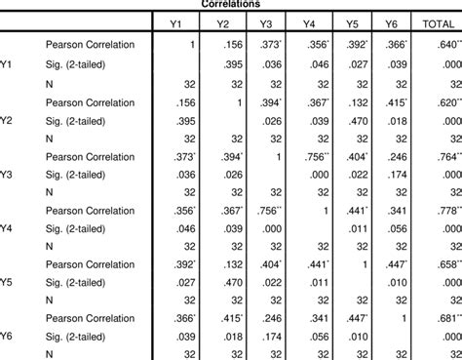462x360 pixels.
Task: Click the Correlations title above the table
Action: point(230,4)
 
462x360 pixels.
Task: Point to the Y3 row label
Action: point(7,175)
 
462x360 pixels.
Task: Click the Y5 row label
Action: point(7,284)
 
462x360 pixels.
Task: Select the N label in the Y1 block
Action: point(50,83)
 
